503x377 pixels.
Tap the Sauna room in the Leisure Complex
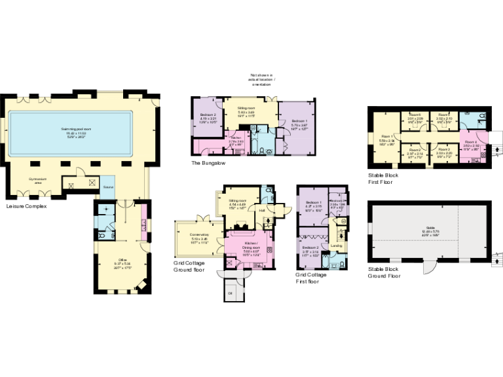click(x=107, y=186)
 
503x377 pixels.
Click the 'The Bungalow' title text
click(x=208, y=162)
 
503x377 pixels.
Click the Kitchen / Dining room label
click(x=251, y=245)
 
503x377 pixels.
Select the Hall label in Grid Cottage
click(x=261, y=211)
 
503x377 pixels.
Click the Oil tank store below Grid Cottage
click(x=231, y=293)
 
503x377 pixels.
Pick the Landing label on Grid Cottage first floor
click(x=337, y=245)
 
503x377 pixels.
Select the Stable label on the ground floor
click(x=430, y=230)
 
